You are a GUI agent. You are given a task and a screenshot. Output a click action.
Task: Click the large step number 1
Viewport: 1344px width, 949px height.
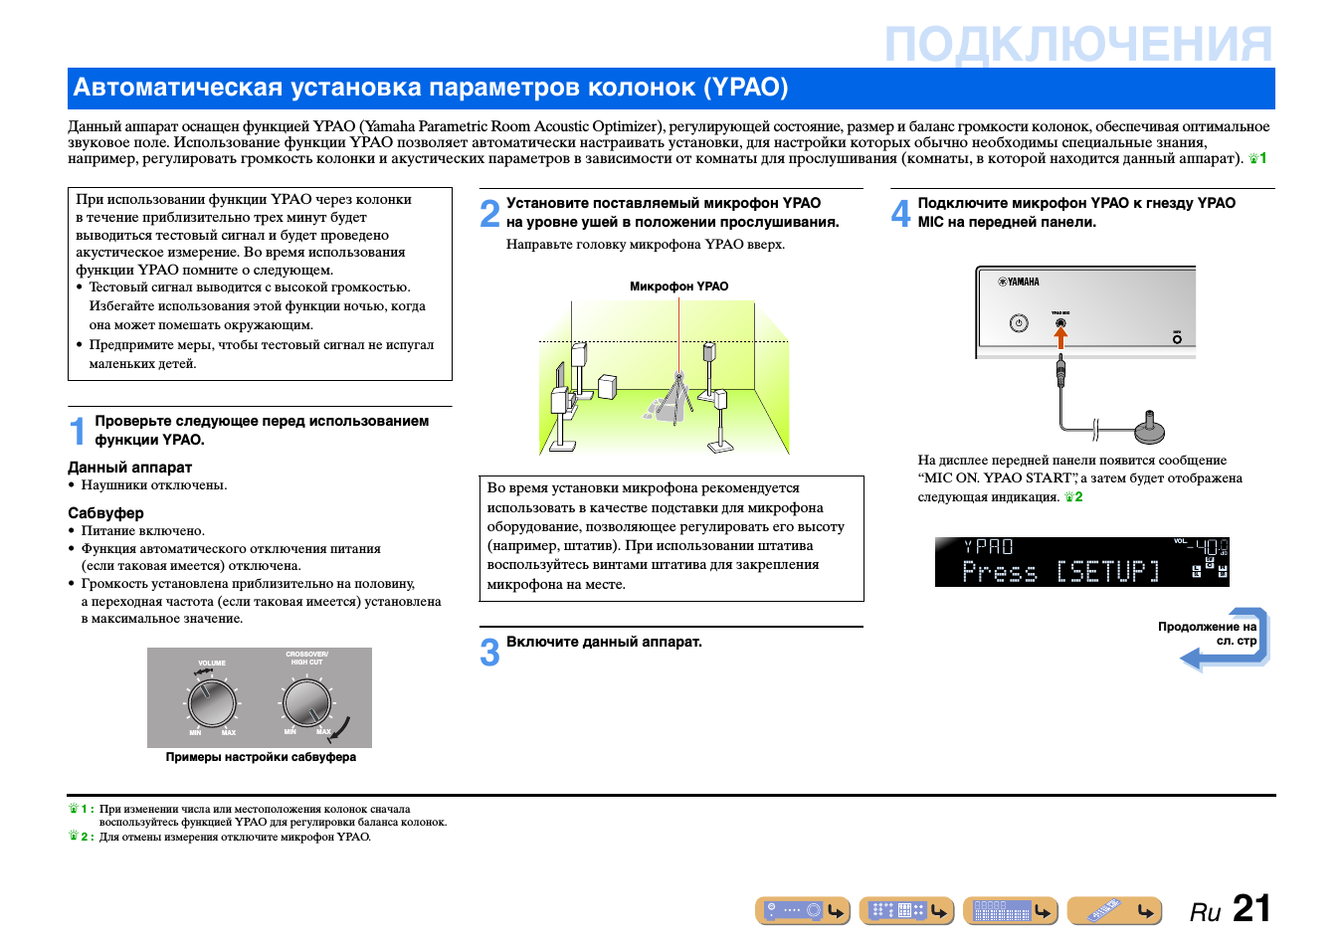click(x=78, y=432)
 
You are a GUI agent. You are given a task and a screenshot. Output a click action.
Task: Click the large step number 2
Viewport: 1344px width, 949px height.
click(x=489, y=214)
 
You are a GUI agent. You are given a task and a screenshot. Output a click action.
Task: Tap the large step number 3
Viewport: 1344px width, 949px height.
click(x=489, y=653)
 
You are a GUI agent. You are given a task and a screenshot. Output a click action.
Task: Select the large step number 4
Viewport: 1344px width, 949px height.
click(x=900, y=214)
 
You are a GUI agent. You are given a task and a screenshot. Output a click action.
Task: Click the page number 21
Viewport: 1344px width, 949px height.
click(x=1251, y=908)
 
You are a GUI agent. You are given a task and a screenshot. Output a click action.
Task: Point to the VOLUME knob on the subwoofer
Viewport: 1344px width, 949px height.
click(x=212, y=703)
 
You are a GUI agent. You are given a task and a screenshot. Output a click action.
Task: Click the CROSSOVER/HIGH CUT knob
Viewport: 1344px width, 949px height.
click(x=306, y=702)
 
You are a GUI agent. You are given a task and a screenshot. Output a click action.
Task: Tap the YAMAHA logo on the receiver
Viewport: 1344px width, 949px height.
click(x=1020, y=282)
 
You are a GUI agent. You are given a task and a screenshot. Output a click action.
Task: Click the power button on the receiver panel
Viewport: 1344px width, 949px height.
click(x=1019, y=323)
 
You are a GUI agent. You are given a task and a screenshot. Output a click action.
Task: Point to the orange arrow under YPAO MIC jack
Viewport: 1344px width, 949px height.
click(x=1060, y=338)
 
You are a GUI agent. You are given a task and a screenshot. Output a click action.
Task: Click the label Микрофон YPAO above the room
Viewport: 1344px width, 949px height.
click(x=678, y=286)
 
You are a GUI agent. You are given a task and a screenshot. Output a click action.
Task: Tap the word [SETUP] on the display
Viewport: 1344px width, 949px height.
click(x=1107, y=571)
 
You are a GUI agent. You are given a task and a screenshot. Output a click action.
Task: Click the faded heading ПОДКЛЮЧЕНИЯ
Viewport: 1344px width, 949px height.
click(x=1077, y=45)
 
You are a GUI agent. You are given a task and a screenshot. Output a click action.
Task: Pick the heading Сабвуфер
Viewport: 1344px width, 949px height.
click(x=105, y=513)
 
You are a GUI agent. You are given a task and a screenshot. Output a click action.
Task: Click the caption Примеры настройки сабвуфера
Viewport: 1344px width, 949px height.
click(x=261, y=757)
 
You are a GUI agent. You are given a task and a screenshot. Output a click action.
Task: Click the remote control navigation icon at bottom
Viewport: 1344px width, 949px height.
click(x=1114, y=910)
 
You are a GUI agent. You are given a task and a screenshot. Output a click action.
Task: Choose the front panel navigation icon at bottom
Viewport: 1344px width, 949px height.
click(x=803, y=910)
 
